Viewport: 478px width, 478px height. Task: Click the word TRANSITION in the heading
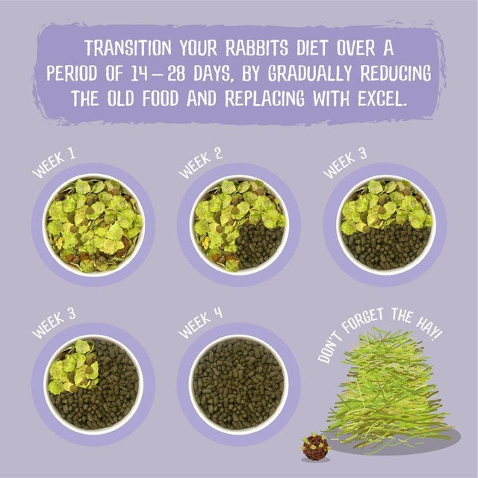[x=128, y=48]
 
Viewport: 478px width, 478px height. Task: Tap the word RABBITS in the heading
[x=257, y=48]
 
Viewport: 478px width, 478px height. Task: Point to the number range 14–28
[x=158, y=73]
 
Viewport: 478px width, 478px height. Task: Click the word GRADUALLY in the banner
[x=310, y=73]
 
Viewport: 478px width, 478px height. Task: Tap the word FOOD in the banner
[x=161, y=99]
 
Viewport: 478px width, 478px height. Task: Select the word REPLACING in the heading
[x=264, y=99]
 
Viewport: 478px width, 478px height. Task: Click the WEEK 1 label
[x=54, y=164]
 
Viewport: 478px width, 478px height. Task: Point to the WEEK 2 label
[x=200, y=164]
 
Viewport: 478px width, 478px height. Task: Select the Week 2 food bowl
[x=239, y=225]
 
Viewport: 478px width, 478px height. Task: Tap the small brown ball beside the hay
[x=315, y=447]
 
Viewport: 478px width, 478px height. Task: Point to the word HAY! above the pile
[x=429, y=330]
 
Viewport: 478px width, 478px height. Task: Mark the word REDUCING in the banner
[x=396, y=73]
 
